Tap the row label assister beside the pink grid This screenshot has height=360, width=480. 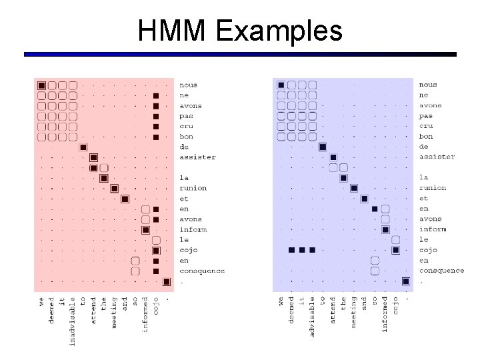197,157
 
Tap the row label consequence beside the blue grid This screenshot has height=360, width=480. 441,271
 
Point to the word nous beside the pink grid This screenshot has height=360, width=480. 188,85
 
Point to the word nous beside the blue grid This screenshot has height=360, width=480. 428,85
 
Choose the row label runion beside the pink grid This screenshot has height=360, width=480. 193,188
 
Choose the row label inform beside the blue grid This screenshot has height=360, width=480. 433,229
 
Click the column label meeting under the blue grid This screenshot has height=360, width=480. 354,312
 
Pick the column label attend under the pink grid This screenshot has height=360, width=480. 93,311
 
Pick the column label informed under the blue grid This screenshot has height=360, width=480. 385,314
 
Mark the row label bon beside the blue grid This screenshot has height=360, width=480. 425,136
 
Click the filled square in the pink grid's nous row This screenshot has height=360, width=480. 41,85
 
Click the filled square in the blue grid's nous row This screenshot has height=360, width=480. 281,85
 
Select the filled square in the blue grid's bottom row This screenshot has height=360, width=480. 405,281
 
